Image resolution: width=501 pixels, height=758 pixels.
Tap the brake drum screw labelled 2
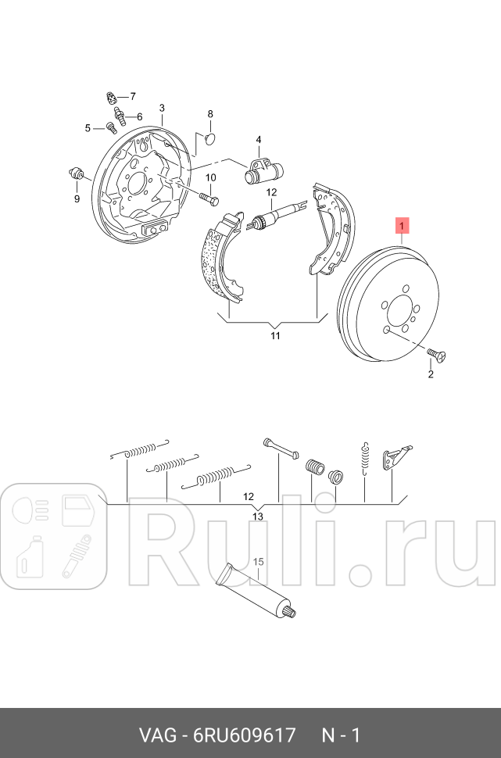[x=438, y=357]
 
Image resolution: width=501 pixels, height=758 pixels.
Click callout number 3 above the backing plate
[x=162, y=108]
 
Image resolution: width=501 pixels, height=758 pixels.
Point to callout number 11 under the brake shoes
[x=274, y=336]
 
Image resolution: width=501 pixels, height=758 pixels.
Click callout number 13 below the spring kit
[x=257, y=517]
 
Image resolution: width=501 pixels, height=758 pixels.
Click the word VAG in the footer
[x=156, y=735]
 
